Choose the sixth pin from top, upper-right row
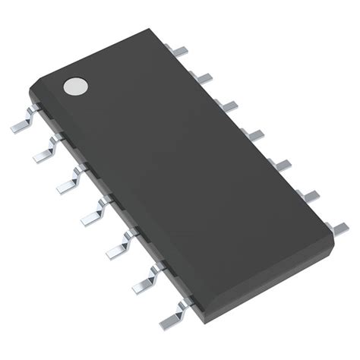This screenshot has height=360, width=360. (x=308, y=193)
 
